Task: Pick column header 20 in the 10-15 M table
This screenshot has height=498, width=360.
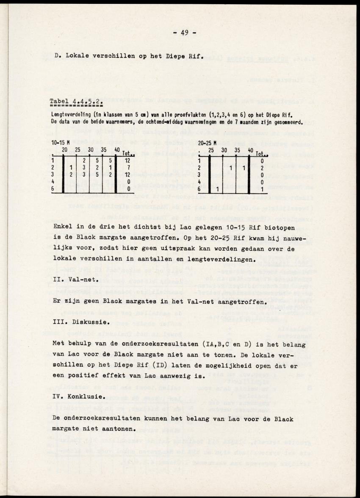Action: coord(65,150)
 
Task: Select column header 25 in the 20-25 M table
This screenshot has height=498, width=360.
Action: coord(210,150)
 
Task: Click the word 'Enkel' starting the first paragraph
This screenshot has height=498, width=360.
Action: coord(64,227)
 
